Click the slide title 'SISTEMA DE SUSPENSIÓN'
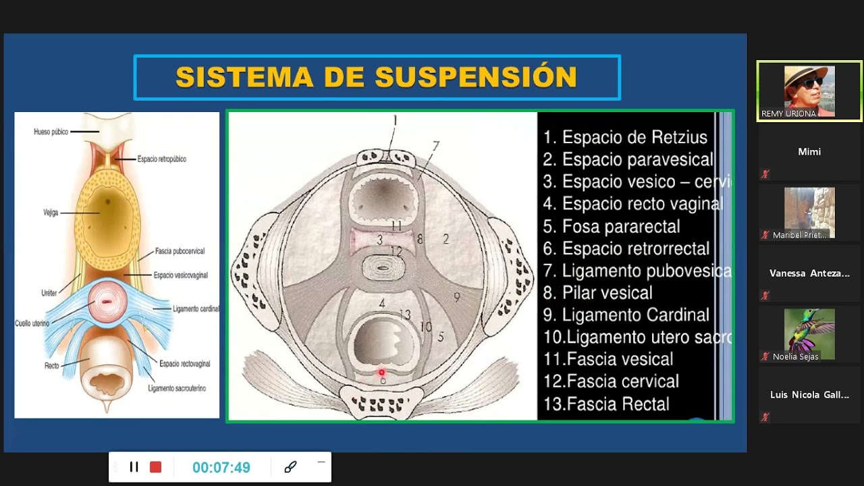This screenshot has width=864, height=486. pyautogui.click(x=376, y=77)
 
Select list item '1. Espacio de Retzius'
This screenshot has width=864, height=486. pyautogui.click(x=625, y=138)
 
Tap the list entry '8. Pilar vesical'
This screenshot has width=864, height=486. pyautogui.click(x=597, y=293)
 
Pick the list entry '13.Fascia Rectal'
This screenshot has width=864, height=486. pyautogui.click(x=606, y=404)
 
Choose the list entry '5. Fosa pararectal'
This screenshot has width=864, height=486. pyautogui.click(x=612, y=226)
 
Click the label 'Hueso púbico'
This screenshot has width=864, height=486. pyautogui.click(x=51, y=132)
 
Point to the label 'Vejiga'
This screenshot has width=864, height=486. pyautogui.click(x=51, y=213)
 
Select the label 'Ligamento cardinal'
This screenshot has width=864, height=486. pyautogui.click(x=196, y=309)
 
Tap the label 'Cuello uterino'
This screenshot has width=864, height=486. pyautogui.click(x=32, y=323)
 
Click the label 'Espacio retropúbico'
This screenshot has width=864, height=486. pyautogui.click(x=161, y=159)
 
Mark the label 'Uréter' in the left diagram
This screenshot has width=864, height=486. pyautogui.click(x=49, y=294)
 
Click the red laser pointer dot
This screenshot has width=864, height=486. pyautogui.click(x=381, y=373)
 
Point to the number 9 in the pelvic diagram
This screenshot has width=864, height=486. pyautogui.click(x=457, y=296)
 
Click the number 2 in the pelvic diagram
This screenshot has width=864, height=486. pyautogui.click(x=446, y=238)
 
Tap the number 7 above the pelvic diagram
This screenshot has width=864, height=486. pyautogui.click(x=436, y=146)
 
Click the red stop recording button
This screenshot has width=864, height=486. pyautogui.click(x=156, y=467)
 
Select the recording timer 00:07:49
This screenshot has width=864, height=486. pyautogui.click(x=221, y=468)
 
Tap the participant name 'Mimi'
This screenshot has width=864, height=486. pyautogui.click(x=809, y=152)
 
